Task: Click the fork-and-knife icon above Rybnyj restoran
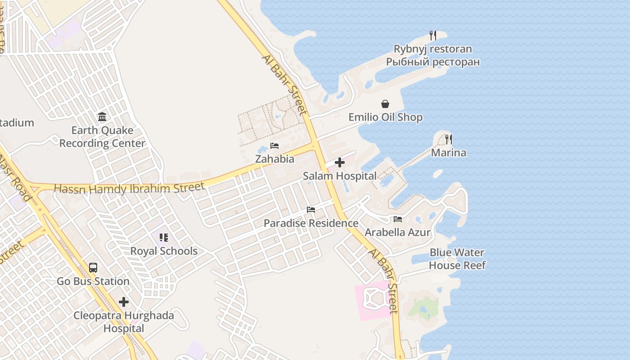click(433, 36)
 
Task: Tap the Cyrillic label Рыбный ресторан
click(433, 62)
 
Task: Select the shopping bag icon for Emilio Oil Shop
click(385, 104)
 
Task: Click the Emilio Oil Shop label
click(386, 117)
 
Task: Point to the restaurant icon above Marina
click(448, 139)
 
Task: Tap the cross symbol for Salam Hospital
click(340, 162)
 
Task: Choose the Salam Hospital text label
click(340, 176)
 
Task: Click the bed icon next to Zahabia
click(274, 146)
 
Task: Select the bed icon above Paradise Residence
click(311, 210)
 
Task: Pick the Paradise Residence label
click(311, 223)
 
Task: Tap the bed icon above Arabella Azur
click(398, 219)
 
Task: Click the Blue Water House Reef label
click(457, 259)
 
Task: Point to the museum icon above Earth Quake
click(102, 117)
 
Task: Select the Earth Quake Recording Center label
click(102, 137)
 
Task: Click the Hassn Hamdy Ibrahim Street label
click(129, 188)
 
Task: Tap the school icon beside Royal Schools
click(163, 238)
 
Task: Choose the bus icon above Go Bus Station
click(93, 268)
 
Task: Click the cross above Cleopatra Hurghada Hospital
click(124, 302)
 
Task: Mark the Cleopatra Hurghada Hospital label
click(124, 322)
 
